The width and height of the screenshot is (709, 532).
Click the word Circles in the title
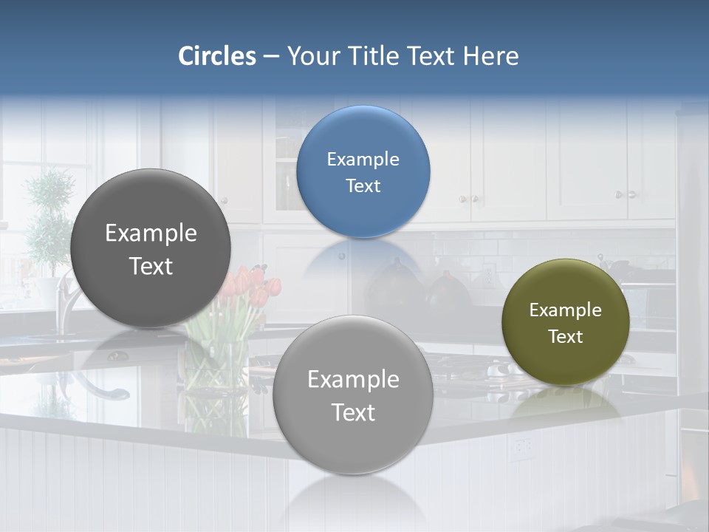point(217,56)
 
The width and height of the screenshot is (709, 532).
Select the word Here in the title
point(490,56)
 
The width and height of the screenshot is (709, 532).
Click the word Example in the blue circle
point(363,160)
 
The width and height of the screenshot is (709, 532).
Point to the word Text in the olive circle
point(566,337)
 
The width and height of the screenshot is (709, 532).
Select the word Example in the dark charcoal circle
point(151,233)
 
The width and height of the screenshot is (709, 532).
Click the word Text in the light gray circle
point(353,412)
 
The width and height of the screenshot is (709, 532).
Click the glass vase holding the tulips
point(216,369)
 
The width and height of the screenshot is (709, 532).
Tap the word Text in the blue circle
point(363,186)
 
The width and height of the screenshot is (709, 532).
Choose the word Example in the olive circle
point(566,310)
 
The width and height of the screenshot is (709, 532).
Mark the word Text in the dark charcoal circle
point(151,266)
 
